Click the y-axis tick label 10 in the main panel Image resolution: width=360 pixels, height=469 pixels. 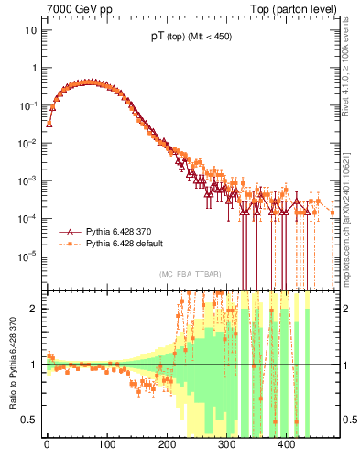coord(30,30)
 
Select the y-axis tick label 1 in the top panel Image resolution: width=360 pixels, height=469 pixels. coord(34,68)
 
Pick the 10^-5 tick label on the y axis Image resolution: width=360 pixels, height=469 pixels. coord(28,256)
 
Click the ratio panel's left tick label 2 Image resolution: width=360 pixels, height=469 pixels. coord(34,309)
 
